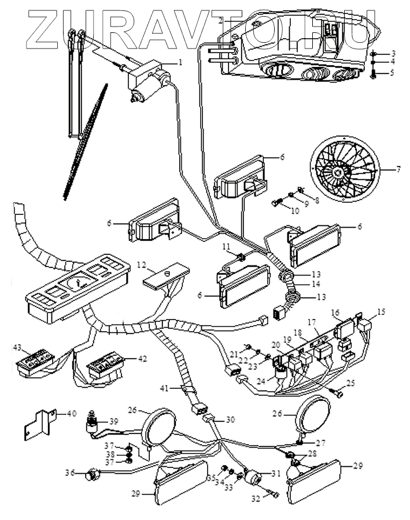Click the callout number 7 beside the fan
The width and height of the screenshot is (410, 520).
(x=398, y=170)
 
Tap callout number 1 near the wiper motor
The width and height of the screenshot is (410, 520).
(x=180, y=62)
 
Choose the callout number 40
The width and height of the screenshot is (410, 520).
(x=72, y=414)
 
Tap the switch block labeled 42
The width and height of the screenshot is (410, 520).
(x=106, y=368)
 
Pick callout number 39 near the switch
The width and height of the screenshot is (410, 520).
(x=114, y=421)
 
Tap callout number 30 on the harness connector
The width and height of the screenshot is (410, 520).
(x=231, y=419)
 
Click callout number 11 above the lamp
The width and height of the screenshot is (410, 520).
(x=227, y=247)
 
